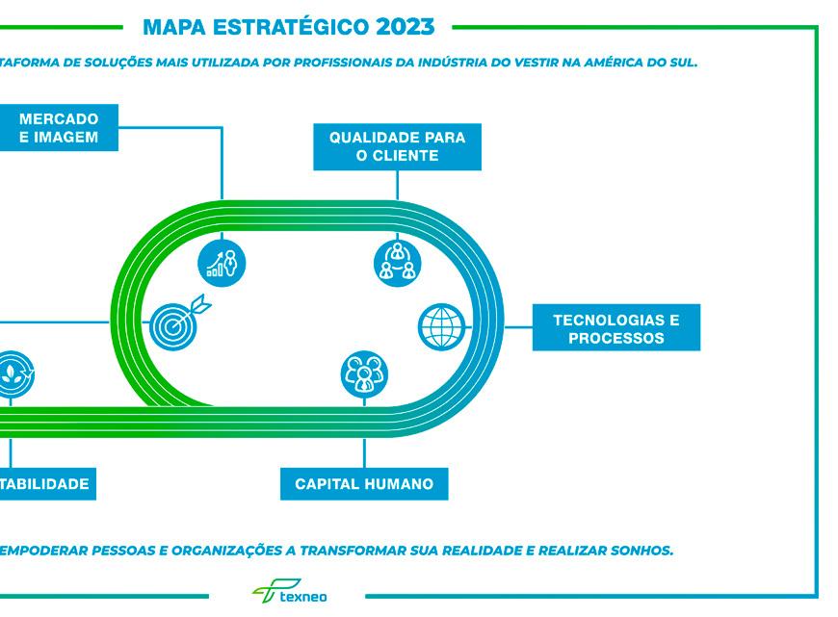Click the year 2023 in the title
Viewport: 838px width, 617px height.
392,25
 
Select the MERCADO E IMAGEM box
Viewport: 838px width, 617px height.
59,128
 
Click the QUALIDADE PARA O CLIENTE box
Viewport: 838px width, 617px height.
397,146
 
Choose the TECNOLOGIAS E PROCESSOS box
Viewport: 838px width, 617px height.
615,328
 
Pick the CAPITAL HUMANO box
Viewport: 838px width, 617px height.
364,483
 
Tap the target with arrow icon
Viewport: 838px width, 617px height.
176,321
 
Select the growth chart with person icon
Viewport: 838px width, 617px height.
223,261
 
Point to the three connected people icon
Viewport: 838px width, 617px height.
397,261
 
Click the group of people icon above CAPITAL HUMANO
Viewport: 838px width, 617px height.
365,374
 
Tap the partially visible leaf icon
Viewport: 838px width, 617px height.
13,374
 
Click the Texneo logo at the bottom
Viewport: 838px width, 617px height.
290,593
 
